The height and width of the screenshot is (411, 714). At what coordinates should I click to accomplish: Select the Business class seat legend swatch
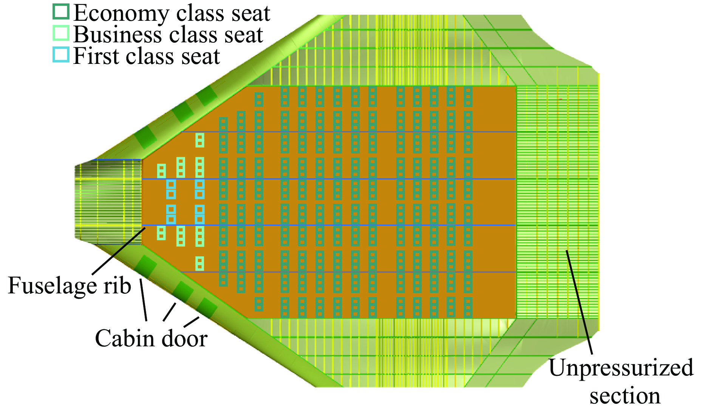(61, 33)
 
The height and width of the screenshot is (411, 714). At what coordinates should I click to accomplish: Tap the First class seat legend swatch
(61, 54)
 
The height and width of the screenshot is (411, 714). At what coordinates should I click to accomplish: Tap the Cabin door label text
(151, 338)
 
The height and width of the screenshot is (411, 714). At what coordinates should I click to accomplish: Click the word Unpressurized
(621, 368)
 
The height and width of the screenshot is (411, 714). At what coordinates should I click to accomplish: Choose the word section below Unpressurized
(625, 396)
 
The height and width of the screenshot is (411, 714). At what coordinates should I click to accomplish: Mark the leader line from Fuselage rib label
(119, 251)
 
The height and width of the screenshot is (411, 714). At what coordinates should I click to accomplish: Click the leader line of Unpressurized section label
(579, 302)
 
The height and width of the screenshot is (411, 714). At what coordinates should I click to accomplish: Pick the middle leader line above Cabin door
(170, 312)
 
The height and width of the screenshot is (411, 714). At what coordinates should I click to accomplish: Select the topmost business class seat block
(199, 140)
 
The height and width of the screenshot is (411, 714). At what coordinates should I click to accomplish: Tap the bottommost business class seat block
(199, 264)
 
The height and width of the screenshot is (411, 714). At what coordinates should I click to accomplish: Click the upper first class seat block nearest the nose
(171, 189)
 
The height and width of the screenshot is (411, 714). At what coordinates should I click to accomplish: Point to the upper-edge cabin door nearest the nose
(146, 138)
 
